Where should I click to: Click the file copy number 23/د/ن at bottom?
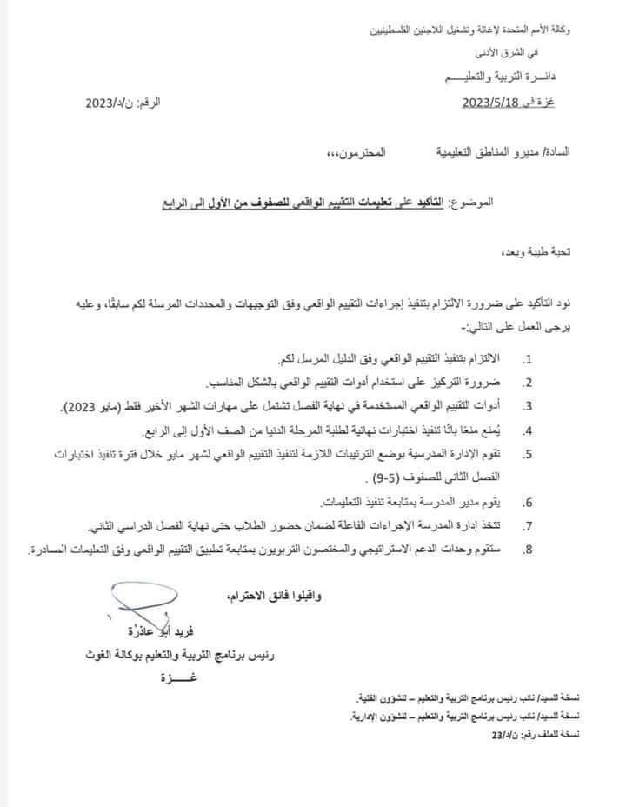(x=503, y=734)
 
